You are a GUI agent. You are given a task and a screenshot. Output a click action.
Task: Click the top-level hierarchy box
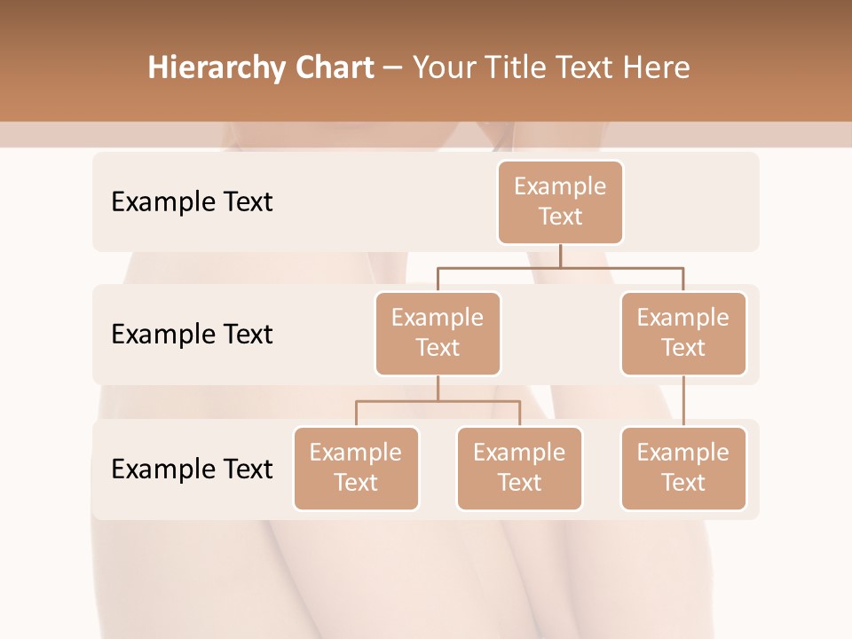(560, 201)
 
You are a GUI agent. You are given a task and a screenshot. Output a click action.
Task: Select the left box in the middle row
(438, 333)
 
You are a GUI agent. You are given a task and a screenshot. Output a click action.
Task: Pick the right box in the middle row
(683, 333)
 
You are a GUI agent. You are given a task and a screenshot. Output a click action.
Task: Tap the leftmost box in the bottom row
(356, 468)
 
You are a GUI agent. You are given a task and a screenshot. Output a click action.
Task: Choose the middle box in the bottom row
(519, 468)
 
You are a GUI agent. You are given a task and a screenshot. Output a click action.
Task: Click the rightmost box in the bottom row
(683, 468)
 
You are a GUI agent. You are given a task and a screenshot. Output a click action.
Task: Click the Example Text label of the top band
(192, 202)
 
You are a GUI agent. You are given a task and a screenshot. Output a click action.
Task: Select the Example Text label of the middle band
(192, 335)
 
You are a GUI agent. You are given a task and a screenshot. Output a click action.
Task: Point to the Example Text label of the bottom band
(192, 469)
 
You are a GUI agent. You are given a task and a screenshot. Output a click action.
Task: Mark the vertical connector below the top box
(560, 256)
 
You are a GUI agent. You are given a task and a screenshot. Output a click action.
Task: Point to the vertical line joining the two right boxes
(683, 401)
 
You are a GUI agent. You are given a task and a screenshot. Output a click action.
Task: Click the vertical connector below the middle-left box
(438, 388)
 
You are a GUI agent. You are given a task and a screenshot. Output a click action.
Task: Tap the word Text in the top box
(560, 217)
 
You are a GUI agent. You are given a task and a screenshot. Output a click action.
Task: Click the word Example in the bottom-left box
(356, 453)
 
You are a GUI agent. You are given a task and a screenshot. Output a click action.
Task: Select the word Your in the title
(444, 68)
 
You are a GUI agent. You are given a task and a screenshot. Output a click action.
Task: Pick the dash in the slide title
(392, 68)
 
